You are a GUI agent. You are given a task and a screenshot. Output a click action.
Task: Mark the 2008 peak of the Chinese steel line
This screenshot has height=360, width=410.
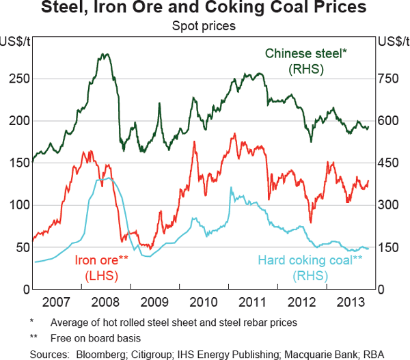[105, 54]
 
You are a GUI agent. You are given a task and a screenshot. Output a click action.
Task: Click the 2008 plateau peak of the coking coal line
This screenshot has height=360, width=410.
[106, 179]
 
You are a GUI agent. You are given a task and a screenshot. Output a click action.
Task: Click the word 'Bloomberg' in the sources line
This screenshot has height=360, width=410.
[100, 353]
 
